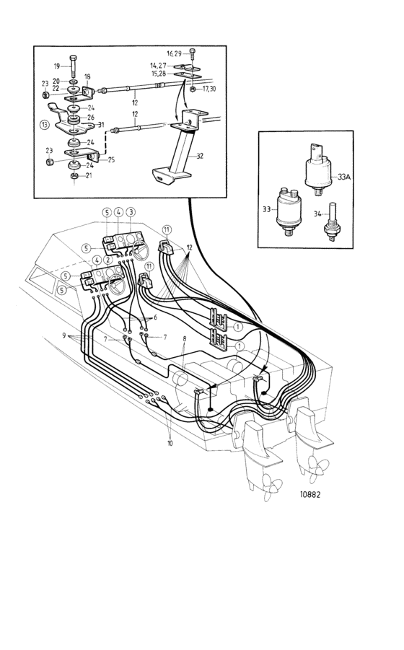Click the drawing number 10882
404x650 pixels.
(310, 494)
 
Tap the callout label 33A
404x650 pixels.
(344, 177)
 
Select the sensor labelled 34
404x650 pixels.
(333, 221)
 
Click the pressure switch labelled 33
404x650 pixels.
(289, 211)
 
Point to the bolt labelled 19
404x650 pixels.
(74, 66)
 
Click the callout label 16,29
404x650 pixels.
(174, 53)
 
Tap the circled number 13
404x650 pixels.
(44, 124)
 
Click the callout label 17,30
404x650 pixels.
(209, 89)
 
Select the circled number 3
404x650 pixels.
(131, 212)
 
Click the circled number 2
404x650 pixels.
(107, 260)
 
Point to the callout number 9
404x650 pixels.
(63, 335)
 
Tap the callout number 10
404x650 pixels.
(170, 443)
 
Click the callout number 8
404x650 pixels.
(185, 338)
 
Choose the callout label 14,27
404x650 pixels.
(158, 66)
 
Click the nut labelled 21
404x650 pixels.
(74, 176)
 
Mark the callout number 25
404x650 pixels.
(112, 159)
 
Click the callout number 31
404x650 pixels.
(101, 124)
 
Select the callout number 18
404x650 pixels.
(87, 76)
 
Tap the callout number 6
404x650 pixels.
(155, 317)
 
